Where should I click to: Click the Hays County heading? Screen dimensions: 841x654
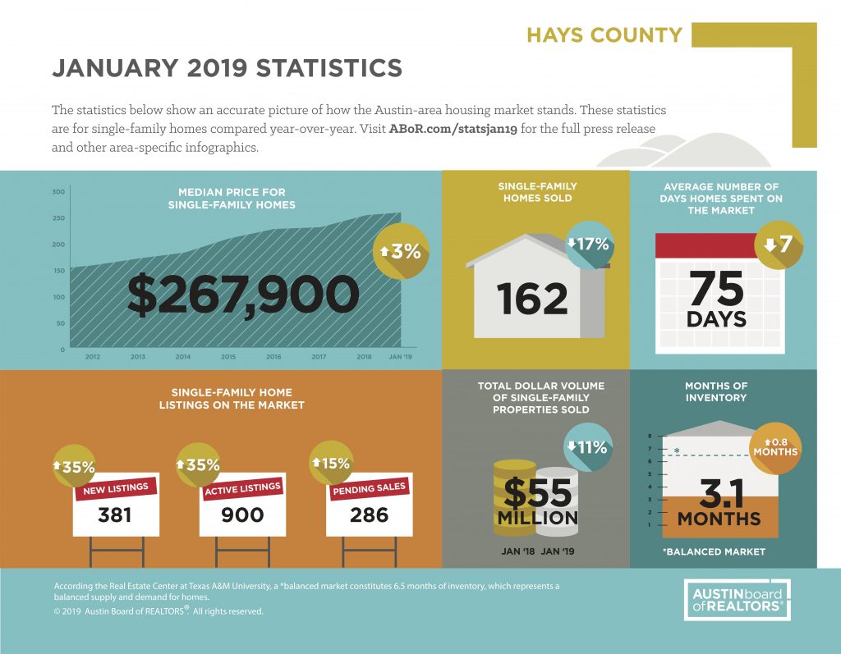604,35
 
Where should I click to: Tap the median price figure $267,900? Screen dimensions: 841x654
243,295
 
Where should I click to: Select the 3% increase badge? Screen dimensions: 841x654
401,251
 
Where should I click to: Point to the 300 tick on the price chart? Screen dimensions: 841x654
59,192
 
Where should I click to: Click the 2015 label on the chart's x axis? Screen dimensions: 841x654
228,356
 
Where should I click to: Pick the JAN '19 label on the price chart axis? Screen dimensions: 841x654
400,356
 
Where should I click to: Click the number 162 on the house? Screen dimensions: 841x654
531,300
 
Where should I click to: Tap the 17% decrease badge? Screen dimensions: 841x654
589,245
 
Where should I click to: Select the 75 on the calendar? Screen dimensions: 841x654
716,288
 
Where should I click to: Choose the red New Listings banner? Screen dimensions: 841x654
116,488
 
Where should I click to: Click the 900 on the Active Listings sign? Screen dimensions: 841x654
242,515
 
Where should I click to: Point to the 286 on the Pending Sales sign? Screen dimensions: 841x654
369,515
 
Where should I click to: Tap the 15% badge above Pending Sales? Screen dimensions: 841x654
332,463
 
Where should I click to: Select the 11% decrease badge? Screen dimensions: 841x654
588,447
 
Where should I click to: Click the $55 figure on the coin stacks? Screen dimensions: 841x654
537,493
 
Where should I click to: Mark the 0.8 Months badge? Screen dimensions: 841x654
775,448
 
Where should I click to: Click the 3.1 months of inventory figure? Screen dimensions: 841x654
721,494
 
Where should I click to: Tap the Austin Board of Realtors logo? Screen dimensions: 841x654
738,600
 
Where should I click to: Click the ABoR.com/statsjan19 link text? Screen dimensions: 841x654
453,129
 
